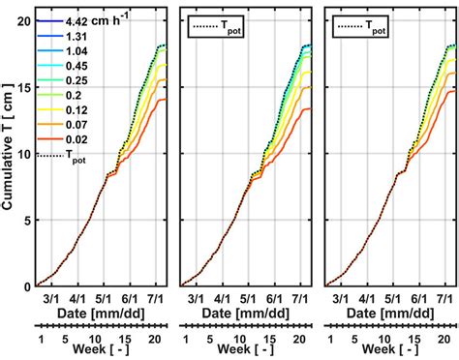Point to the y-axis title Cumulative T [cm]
click(11, 146)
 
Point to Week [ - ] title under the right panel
click(392, 350)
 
